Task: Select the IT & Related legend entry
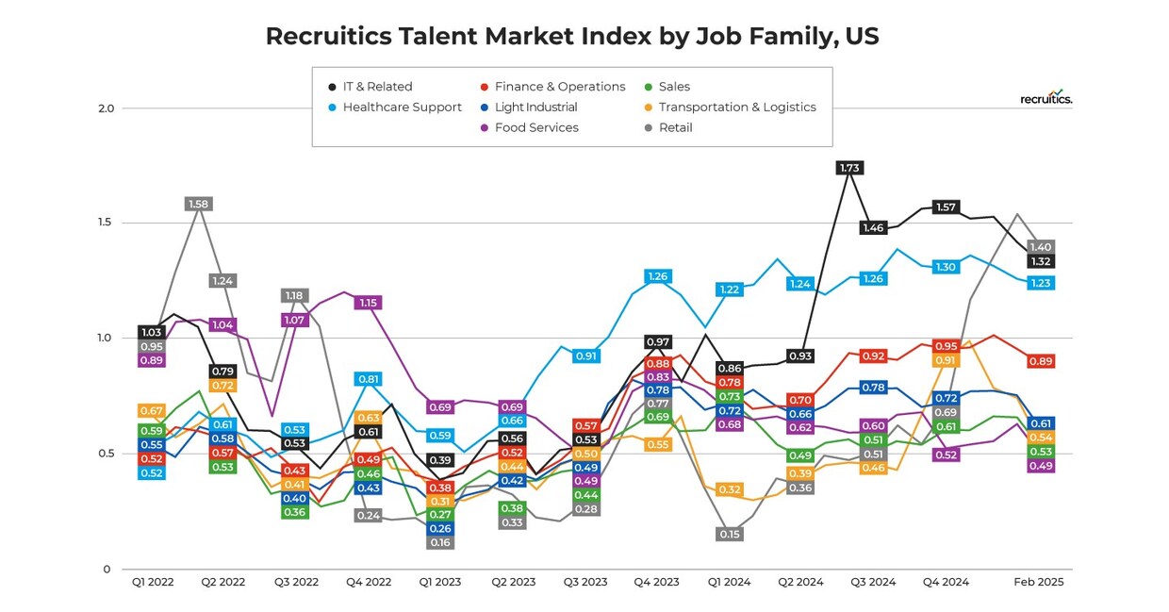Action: [377, 87]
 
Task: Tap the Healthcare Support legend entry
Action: [402, 108]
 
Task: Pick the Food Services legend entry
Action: [535, 128]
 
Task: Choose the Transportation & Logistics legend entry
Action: [736, 108]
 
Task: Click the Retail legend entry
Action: [675, 128]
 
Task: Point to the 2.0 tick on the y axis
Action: [106, 108]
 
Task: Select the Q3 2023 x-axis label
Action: [584, 583]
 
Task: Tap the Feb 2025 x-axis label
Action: [1038, 583]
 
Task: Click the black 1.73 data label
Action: [848, 168]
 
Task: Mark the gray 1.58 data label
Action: [198, 204]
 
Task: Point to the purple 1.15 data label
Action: [368, 303]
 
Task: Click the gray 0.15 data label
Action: [730, 534]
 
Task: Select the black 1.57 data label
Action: [946, 207]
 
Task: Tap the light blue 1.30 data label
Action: [946, 267]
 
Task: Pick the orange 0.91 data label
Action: [946, 360]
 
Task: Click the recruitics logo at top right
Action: [1046, 98]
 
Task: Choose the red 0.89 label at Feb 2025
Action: [1041, 361]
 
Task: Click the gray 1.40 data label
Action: [1041, 247]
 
